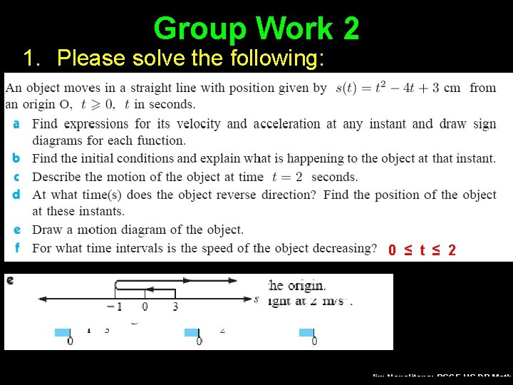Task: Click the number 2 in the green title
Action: click(x=351, y=29)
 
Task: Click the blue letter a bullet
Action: click(x=16, y=124)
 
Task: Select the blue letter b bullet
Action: click(x=16, y=158)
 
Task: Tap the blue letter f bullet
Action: click(x=16, y=248)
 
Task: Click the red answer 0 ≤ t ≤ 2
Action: click(x=423, y=250)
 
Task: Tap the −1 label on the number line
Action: click(x=113, y=307)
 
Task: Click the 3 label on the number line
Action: click(x=175, y=307)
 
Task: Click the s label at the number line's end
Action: click(x=256, y=299)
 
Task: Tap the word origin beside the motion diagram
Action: click(x=306, y=286)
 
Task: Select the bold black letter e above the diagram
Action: click(x=10, y=280)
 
